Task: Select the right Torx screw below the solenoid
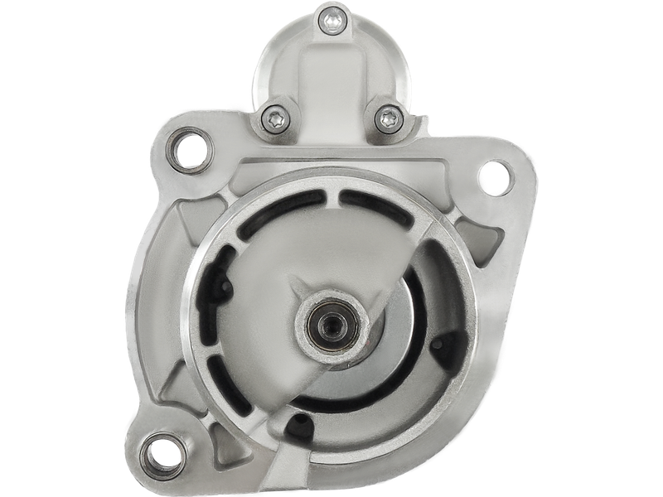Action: tap(387, 118)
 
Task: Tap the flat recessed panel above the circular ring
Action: tap(331, 162)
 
